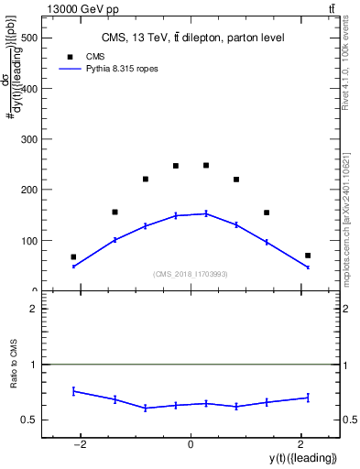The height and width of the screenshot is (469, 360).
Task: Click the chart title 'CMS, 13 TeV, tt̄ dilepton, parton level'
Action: (x=192, y=38)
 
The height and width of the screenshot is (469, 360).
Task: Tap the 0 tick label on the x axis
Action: (x=191, y=444)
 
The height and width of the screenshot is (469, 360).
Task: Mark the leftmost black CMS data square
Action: (x=73, y=256)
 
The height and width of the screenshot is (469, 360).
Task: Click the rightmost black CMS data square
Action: (x=308, y=256)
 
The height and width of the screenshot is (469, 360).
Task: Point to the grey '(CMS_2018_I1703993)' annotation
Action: (x=191, y=274)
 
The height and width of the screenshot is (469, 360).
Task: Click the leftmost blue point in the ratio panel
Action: (x=73, y=391)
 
